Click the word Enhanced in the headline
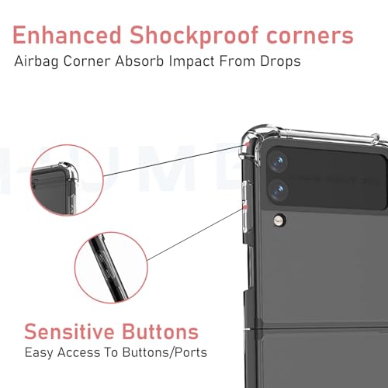point(67,35)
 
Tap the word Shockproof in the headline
point(194,36)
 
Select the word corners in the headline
point(310,37)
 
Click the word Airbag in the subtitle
point(36,62)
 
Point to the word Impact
point(192,62)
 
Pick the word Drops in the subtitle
point(280,61)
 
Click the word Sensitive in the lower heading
point(69,331)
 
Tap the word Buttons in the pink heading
point(161,331)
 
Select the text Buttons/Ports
point(165,352)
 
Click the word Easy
point(39,353)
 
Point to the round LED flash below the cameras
point(279,220)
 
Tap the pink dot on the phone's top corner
point(247,144)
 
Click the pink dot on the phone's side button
point(245,207)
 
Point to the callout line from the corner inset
point(175,161)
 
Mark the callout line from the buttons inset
point(196,234)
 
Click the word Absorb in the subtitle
point(140,61)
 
